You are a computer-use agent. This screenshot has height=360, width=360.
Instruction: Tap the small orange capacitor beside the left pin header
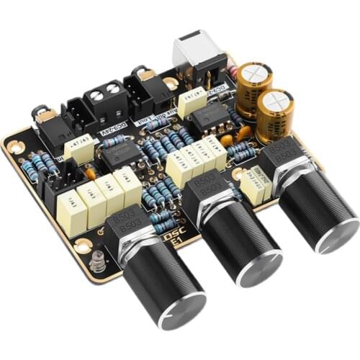click(90, 173)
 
